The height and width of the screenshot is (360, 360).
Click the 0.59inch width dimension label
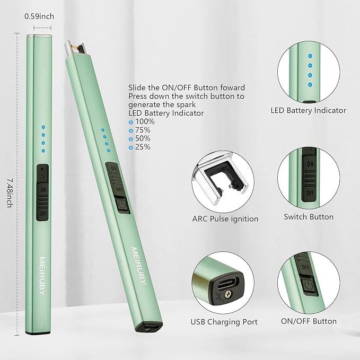[x=39, y=16]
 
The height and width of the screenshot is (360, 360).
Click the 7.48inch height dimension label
[x=10, y=193]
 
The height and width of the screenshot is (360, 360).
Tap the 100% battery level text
[x=145, y=121]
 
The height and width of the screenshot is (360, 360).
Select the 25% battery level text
[x=143, y=147]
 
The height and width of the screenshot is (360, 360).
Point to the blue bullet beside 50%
[x=131, y=139]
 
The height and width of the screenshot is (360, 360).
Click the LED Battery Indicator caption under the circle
[x=309, y=110]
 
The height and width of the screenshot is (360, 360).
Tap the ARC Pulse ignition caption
[x=225, y=219]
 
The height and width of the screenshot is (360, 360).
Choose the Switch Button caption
[x=309, y=217]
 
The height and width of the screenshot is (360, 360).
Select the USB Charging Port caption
[x=224, y=322]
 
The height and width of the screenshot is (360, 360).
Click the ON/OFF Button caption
[x=309, y=321]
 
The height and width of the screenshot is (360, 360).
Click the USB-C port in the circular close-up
[x=228, y=283]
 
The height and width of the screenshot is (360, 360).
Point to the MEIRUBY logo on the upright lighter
[x=42, y=276]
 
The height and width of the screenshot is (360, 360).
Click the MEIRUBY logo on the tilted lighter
[x=139, y=266]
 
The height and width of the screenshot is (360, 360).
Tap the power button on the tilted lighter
[x=122, y=205]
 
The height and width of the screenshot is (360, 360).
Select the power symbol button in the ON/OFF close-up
[x=310, y=286]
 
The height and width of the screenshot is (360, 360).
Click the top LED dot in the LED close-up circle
[x=310, y=56]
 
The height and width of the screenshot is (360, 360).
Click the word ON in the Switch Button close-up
[x=310, y=164]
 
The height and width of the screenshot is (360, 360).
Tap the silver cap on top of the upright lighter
[x=39, y=36]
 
